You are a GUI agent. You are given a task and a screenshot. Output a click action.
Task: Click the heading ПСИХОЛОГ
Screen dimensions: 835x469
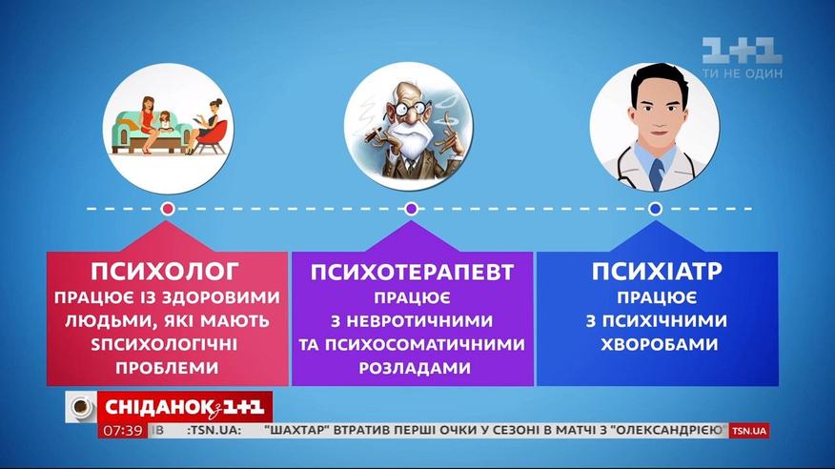click(165, 271)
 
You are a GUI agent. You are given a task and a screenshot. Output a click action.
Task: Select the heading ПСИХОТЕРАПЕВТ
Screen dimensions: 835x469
click(412, 272)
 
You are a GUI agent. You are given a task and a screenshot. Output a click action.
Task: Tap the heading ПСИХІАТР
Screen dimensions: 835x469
click(657, 271)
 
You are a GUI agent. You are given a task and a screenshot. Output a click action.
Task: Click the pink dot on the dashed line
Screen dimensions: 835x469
click(168, 209)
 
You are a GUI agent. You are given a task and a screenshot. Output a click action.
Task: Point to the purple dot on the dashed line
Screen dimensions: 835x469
click(411, 209)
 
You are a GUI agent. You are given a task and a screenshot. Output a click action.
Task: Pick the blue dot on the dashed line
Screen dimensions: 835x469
click(655, 209)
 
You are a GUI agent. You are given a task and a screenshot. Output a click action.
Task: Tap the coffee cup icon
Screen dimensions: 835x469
click(81, 407)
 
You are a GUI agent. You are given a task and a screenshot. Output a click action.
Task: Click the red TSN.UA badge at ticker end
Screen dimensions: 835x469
click(748, 431)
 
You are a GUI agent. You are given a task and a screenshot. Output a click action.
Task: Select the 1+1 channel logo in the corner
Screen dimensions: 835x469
click(742, 51)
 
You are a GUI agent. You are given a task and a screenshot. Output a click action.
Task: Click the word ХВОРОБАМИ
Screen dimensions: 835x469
click(659, 344)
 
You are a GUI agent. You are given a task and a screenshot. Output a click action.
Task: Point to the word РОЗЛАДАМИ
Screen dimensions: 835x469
click(415, 368)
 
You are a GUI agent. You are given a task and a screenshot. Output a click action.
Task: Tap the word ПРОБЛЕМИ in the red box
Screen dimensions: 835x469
click(167, 368)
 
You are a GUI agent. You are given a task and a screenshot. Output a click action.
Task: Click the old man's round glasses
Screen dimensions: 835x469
click(409, 108)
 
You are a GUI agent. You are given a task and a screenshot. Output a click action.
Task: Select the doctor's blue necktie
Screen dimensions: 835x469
click(657, 174)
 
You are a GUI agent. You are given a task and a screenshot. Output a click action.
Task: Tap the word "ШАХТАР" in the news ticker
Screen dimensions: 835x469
click(295, 430)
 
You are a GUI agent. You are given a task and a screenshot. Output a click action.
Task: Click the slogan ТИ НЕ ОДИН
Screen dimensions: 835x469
click(743, 73)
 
